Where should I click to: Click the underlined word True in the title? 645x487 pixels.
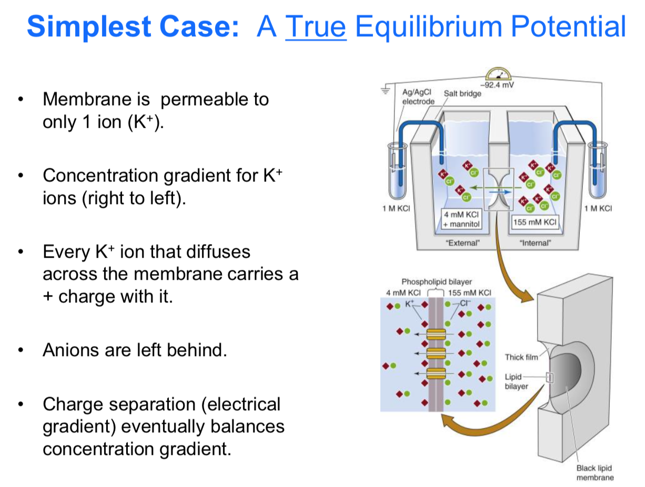[315, 27]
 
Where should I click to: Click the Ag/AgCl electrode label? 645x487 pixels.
[418, 97]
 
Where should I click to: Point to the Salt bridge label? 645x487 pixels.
[462, 94]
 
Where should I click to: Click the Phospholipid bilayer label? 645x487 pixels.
[437, 282]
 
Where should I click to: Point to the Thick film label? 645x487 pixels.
[521, 358]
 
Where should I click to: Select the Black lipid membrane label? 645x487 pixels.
[594, 473]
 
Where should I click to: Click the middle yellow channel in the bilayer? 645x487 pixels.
[436, 353]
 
